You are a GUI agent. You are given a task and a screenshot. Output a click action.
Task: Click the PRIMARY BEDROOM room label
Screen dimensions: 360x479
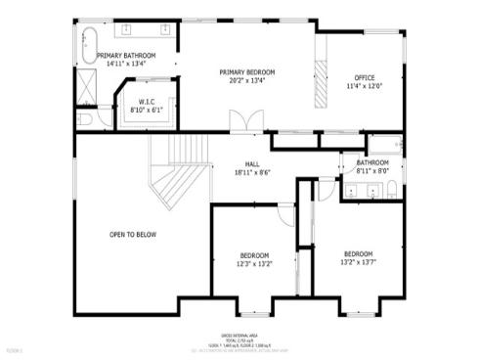[246, 71]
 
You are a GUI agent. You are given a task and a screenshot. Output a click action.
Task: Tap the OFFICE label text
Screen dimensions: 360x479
[364, 77]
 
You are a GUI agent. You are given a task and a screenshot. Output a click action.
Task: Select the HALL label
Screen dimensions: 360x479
[251, 163]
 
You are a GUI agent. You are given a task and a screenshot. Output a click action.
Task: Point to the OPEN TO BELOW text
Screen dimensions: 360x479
[133, 234]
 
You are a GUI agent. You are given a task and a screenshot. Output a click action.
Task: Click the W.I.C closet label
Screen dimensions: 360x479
[147, 102]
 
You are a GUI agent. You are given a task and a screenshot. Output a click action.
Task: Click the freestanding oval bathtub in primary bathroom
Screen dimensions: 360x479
[85, 46]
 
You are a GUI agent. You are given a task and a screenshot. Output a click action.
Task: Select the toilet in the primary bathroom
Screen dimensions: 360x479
[84, 119]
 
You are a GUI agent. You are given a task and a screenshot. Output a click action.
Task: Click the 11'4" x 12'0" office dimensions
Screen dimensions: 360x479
[364, 86]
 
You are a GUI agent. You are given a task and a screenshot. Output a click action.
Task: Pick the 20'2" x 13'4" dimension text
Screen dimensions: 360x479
[246, 80]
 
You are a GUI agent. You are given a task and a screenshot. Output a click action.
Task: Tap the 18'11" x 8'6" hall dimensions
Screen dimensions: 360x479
[251, 172]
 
